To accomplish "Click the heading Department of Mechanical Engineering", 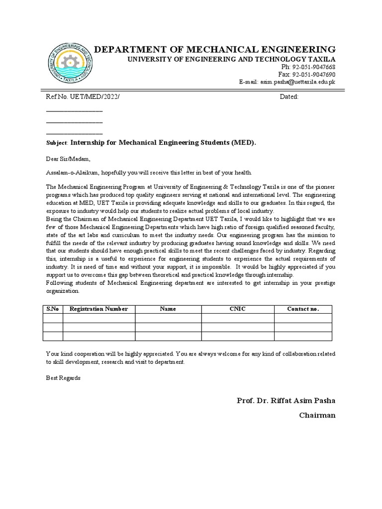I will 215,49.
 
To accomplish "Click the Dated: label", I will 289,97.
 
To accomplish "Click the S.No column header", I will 53,309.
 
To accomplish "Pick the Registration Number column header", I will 98,309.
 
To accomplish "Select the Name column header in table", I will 168,309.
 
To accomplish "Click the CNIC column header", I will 237,309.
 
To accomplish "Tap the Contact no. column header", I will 303,309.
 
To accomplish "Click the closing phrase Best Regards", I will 63,378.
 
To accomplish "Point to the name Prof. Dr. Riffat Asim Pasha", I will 286,401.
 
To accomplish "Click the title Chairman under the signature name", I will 317,415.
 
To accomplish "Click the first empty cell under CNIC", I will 237,318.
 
